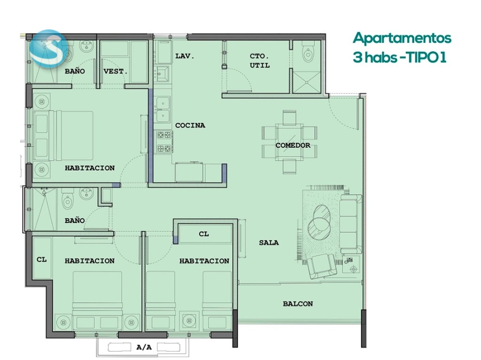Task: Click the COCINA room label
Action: click(x=190, y=125)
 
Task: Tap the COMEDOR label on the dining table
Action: click(x=293, y=145)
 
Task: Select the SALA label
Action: click(x=269, y=243)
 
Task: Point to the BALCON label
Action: click(x=298, y=304)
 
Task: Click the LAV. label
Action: click(x=185, y=56)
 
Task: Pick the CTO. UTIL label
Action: click(x=259, y=61)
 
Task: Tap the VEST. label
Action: click(x=116, y=71)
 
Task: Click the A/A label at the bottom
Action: click(x=144, y=347)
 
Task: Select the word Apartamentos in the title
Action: click(x=402, y=39)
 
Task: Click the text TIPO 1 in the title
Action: click(x=426, y=57)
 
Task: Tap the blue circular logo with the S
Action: click(x=48, y=49)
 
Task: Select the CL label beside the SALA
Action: click(x=204, y=234)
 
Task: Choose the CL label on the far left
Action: click(x=41, y=259)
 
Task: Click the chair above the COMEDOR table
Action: click(x=289, y=117)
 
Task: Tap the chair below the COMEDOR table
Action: click(x=289, y=167)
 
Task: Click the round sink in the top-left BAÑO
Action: click(x=86, y=46)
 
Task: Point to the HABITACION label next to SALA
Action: click(x=204, y=261)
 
